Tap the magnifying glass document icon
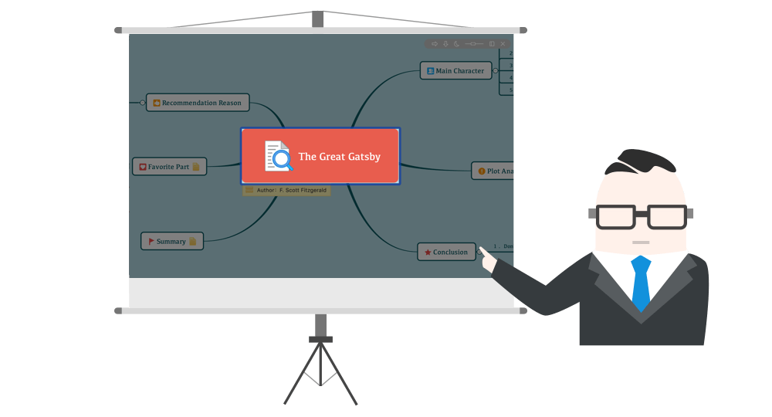click(x=278, y=156)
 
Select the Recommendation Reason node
click(x=197, y=103)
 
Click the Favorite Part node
click(x=169, y=167)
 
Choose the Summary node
click(x=171, y=241)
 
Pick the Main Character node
click(x=455, y=71)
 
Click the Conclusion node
click(x=446, y=252)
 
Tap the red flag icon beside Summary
click(x=151, y=241)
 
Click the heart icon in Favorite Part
click(x=143, y=167)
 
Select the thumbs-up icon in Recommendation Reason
click(x=156, y=103)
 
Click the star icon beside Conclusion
click(x=428, y=252)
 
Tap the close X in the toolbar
click(x=503, y=44)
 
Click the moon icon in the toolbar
click(x=456, y=44)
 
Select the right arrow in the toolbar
click(x=435, y=44)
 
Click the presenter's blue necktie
click(x=641, y=282)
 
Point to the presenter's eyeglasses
click(x=641, y=217)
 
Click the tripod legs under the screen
click(x=320, y=375)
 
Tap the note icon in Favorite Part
click(x=196, y=167)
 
